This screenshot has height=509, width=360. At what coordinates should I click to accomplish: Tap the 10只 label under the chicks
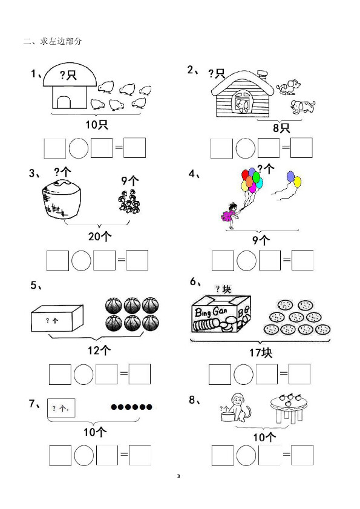click(x=97, y=124)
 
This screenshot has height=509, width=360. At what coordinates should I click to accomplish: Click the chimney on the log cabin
click(x=262, y=76)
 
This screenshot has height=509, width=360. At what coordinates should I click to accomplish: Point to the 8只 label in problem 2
click(x=281, y=128)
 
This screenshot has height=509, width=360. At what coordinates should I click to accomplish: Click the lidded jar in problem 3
click(x=61, y=200)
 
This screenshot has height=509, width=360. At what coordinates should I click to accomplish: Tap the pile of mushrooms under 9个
click(x=129, y=202)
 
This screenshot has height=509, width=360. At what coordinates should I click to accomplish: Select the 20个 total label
click(x=100, y=236)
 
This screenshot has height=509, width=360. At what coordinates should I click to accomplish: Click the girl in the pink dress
click(x=231, y=215)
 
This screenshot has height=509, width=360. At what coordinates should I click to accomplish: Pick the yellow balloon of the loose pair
click(x=297, y=182)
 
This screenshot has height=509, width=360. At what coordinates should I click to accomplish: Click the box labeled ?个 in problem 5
click(x=57, y=318)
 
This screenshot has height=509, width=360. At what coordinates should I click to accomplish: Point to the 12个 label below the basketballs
click(x=99, y=350)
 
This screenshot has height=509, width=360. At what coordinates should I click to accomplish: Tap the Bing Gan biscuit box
click(x=221, y=314)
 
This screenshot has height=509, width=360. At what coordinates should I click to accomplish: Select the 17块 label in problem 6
click(x=261, y=352)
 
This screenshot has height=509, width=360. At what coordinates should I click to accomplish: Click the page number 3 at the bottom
click(x=178, y=476)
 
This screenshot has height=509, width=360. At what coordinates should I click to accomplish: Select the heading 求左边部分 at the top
click(x=61, y=41)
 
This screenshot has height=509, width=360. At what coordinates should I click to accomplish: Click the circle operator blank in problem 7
click(x=84, y=455)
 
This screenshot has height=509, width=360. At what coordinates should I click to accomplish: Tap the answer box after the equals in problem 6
click(x=299, y=374)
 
